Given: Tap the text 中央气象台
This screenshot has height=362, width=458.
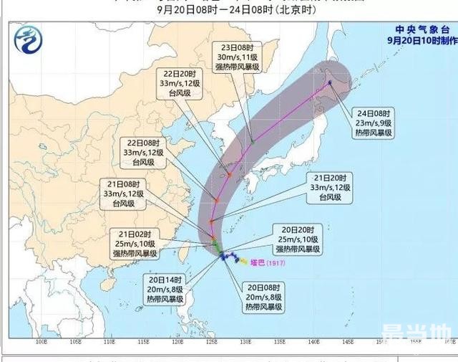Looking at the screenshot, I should (x=418, y=29).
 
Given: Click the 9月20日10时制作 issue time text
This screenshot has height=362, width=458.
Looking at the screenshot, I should (x=418, y=40).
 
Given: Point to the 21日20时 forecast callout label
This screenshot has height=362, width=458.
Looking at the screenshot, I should (x=328, y=186).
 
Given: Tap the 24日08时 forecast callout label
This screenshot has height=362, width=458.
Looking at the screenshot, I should (x=373, y=122).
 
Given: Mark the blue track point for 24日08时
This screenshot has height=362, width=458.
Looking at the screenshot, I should (x=331, y=82).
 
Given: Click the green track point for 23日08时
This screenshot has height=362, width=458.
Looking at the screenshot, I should (x=252, y=141).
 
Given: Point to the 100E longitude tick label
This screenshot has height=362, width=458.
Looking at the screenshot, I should (x=42, y=342).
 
